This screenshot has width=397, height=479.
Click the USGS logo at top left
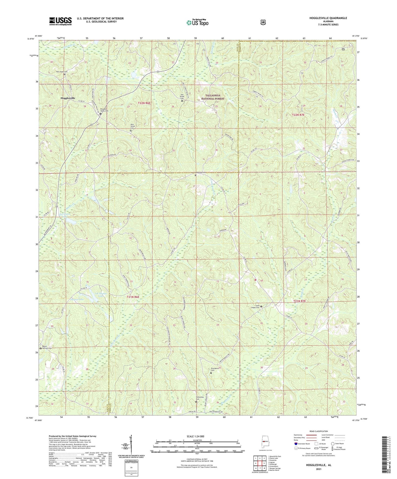60,21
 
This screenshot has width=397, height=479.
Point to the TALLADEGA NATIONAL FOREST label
213,97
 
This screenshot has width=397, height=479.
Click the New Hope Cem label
62,72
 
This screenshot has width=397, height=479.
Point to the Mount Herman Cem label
46,347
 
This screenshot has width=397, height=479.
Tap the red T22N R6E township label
144,103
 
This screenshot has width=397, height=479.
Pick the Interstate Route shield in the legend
296,444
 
